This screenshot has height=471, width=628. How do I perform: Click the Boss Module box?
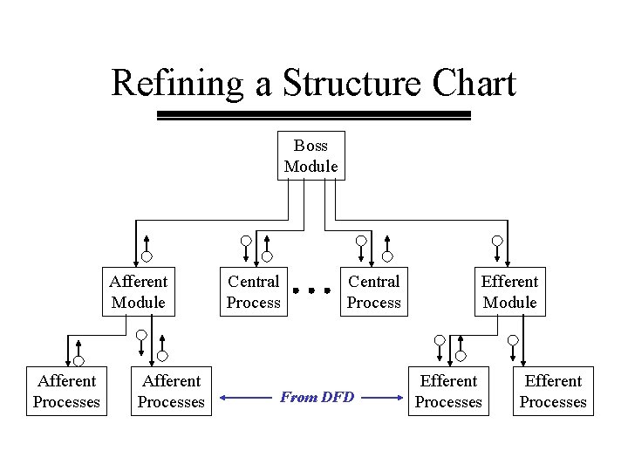coord(311,155)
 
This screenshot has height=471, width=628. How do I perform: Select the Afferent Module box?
coord(138,291)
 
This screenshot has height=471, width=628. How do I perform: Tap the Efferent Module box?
coord(509,291)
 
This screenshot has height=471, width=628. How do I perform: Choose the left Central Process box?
coord(253,291)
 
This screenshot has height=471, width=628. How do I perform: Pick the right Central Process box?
coord(373,291)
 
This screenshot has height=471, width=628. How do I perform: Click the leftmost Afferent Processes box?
coord(66,391)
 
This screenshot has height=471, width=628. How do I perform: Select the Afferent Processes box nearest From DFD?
coord(171,391)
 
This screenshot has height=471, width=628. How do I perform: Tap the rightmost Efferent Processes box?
coord(553,391)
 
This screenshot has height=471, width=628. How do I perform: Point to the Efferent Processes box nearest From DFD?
coord(448,391)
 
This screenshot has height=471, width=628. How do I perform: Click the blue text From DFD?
coord(317,398)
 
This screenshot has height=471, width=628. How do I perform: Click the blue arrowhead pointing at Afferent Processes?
coord(224,398)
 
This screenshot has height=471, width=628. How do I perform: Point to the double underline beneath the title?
coord(313,115)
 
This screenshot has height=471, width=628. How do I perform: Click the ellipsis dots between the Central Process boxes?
coord(313,290)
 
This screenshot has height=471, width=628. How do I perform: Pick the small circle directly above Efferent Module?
coord(497,241)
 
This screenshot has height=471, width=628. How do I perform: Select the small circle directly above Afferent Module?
coord(148,256)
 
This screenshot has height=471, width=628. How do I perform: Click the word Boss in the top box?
coord(311,146)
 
